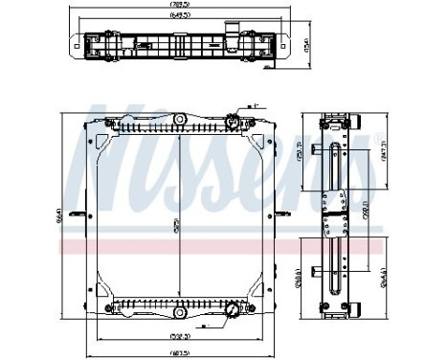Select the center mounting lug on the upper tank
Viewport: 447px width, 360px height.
(179, 120)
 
